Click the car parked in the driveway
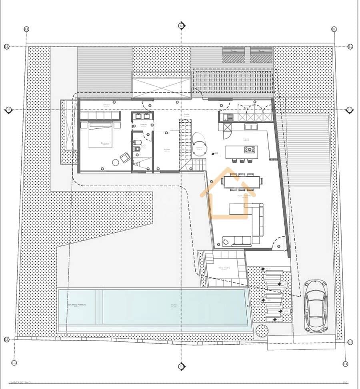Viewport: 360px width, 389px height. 316,305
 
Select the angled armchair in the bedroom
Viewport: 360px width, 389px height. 125,158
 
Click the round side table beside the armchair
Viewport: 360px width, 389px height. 116,162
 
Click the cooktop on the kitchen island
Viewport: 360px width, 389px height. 250,150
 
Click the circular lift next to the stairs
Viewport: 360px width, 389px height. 199,145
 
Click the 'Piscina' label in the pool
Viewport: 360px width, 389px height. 174,305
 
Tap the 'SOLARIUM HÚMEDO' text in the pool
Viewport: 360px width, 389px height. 76,305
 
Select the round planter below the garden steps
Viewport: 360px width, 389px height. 262,331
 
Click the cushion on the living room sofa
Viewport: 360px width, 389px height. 226,241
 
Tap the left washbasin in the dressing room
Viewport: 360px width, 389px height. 138,117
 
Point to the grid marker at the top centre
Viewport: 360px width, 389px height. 181,26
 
